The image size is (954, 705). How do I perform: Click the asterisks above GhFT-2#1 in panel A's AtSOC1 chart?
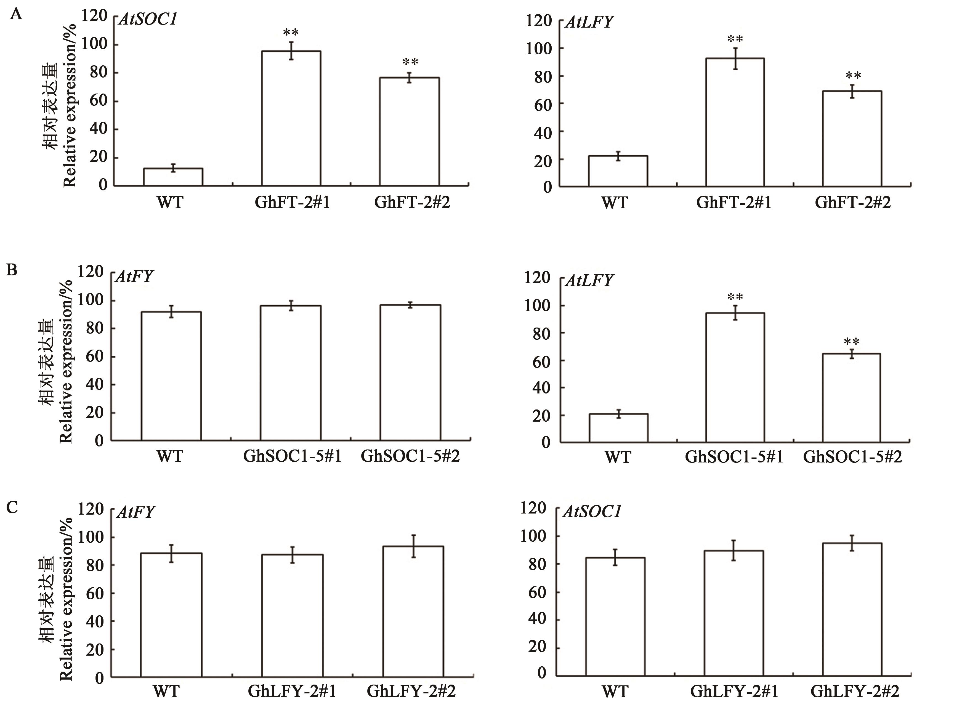291,33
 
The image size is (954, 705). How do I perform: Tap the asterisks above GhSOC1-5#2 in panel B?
852,342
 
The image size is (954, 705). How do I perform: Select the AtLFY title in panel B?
589,280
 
